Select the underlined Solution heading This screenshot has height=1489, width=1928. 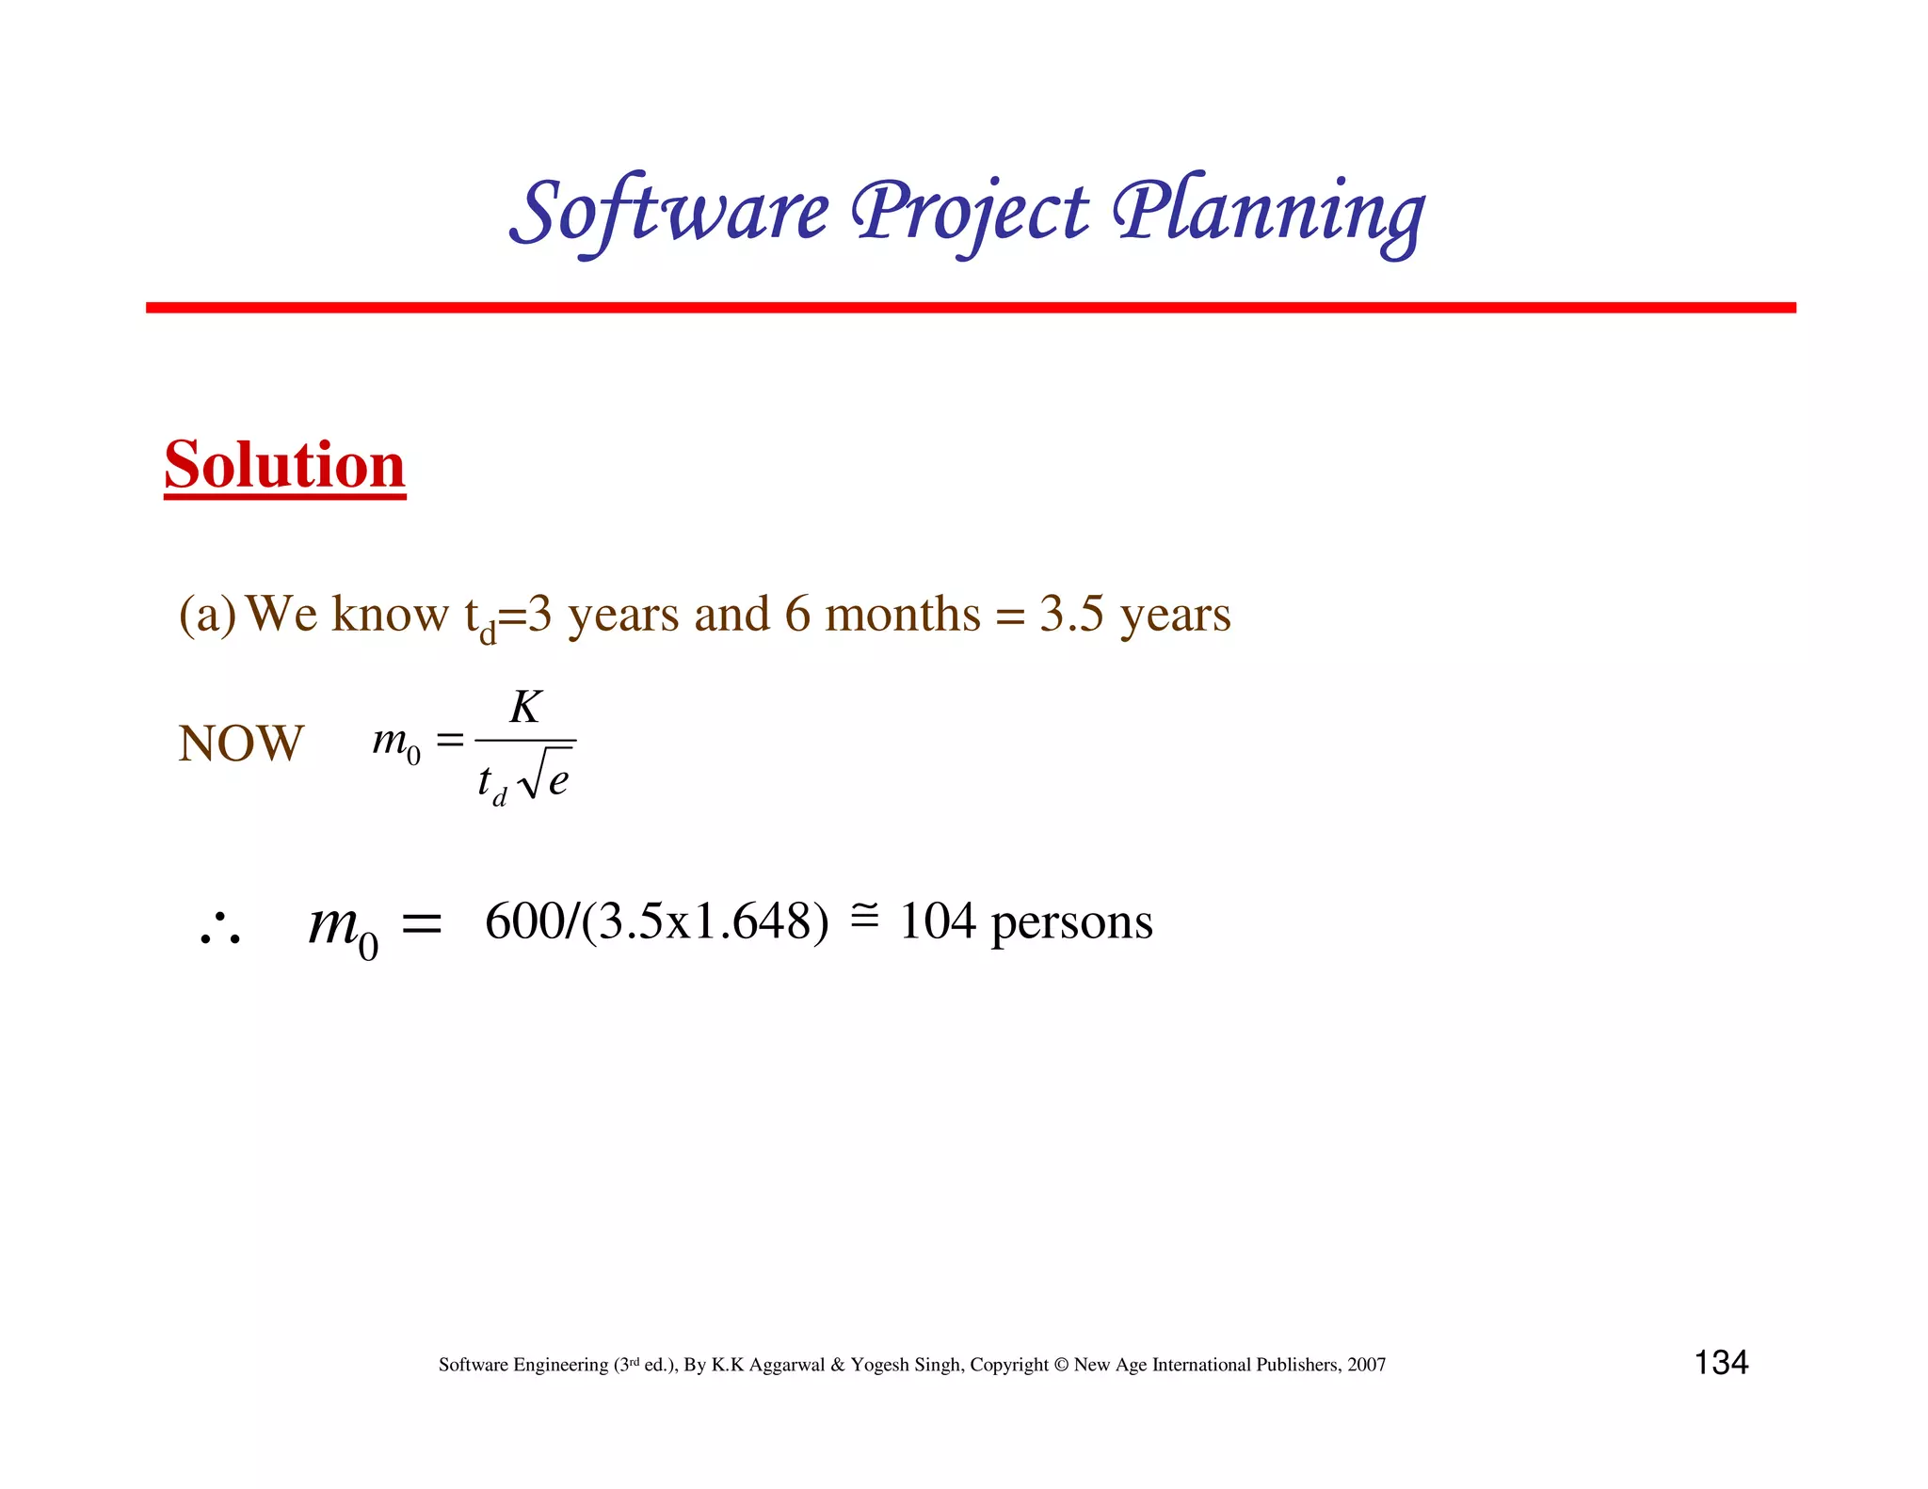(284, 465)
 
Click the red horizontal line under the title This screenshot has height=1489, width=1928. (970, 308)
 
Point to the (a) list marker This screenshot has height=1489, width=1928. (207, 616)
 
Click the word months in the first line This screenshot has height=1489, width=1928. (902, 615)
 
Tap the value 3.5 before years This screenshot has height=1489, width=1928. (1071, 615)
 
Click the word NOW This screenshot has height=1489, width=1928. (241, 744)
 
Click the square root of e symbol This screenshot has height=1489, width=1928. (546, 777)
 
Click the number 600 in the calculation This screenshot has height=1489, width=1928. (523, 921)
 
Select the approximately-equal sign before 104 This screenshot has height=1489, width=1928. (864, 915)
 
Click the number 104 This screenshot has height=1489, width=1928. (938, 921)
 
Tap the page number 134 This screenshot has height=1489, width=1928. (1721, 1363)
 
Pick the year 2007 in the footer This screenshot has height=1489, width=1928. (1366, 1365)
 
